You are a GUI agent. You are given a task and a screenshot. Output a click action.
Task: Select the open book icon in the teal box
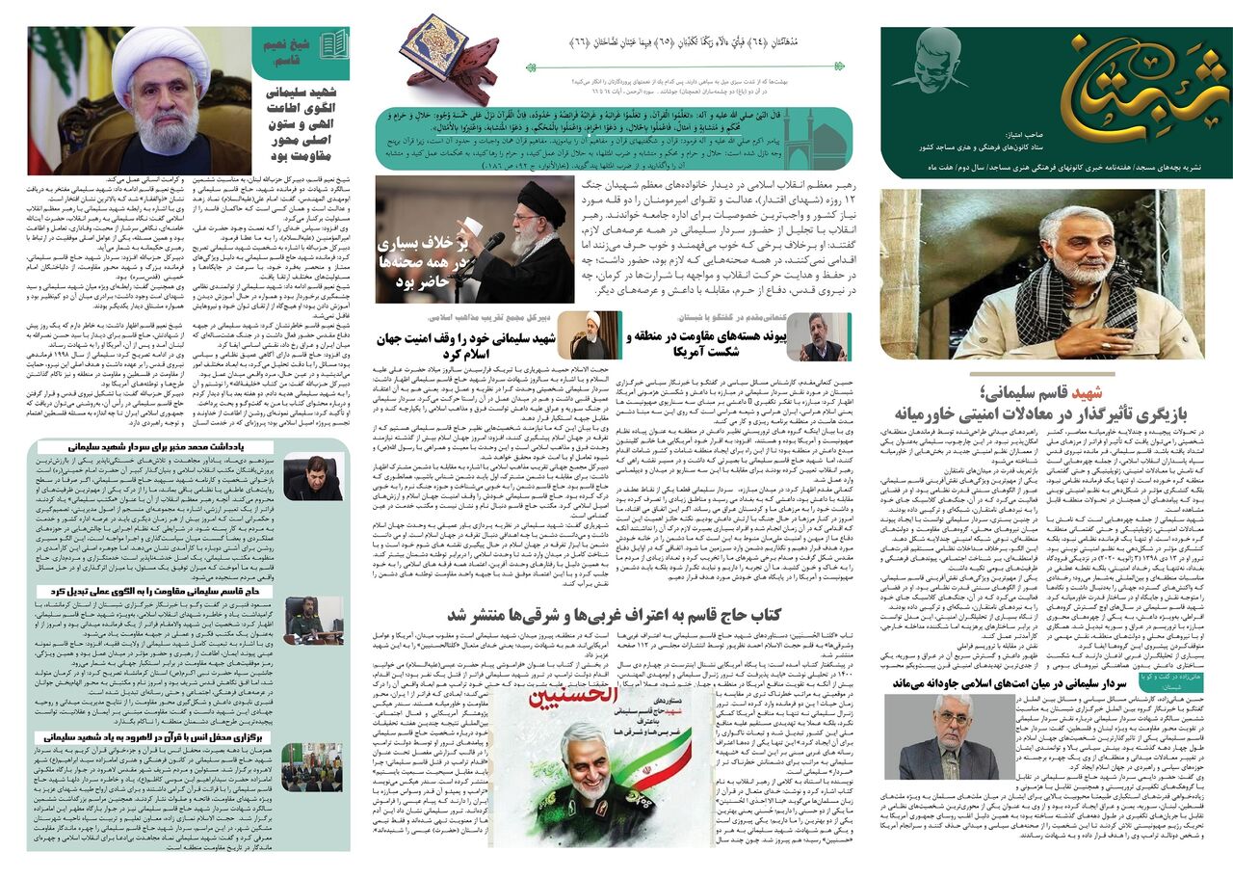click(x=334, y=43)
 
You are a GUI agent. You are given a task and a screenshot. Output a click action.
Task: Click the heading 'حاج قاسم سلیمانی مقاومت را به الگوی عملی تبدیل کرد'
click(x=154, y=590)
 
